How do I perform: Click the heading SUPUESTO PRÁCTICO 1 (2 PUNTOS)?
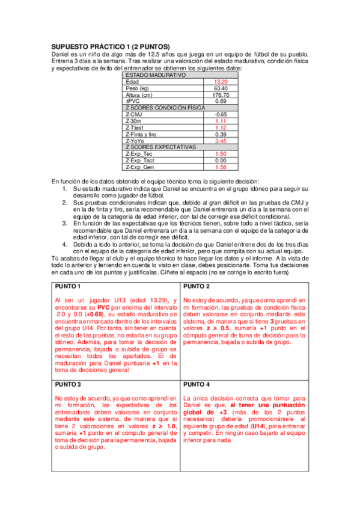pyautogui.click(x=110, y=47)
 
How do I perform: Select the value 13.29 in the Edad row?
pyautogui.click(x=221, y=81)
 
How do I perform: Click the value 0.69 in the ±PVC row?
pyautogui.click(x=221, y=101)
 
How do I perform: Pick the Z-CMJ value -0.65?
pyautogui.click(x=221, y=114)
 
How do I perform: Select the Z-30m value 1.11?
pyautogui.click(x=221, y=121)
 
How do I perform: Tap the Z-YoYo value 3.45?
pyautogui.click(x=221, y=141)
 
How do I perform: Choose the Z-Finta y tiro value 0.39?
pyautogui.click(x=221, y=134)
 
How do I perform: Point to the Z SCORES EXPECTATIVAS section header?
pyautogui.click(x=160, y=147)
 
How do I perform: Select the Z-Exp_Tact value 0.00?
pyautogui.click(x=221, y=161)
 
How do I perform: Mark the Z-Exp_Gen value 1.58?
pyautogui.click(x=221, y=167)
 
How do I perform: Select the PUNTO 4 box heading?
pyautogui.click(x=197, y=383)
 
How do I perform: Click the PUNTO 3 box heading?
pyautogui.click(x=68, y=383)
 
